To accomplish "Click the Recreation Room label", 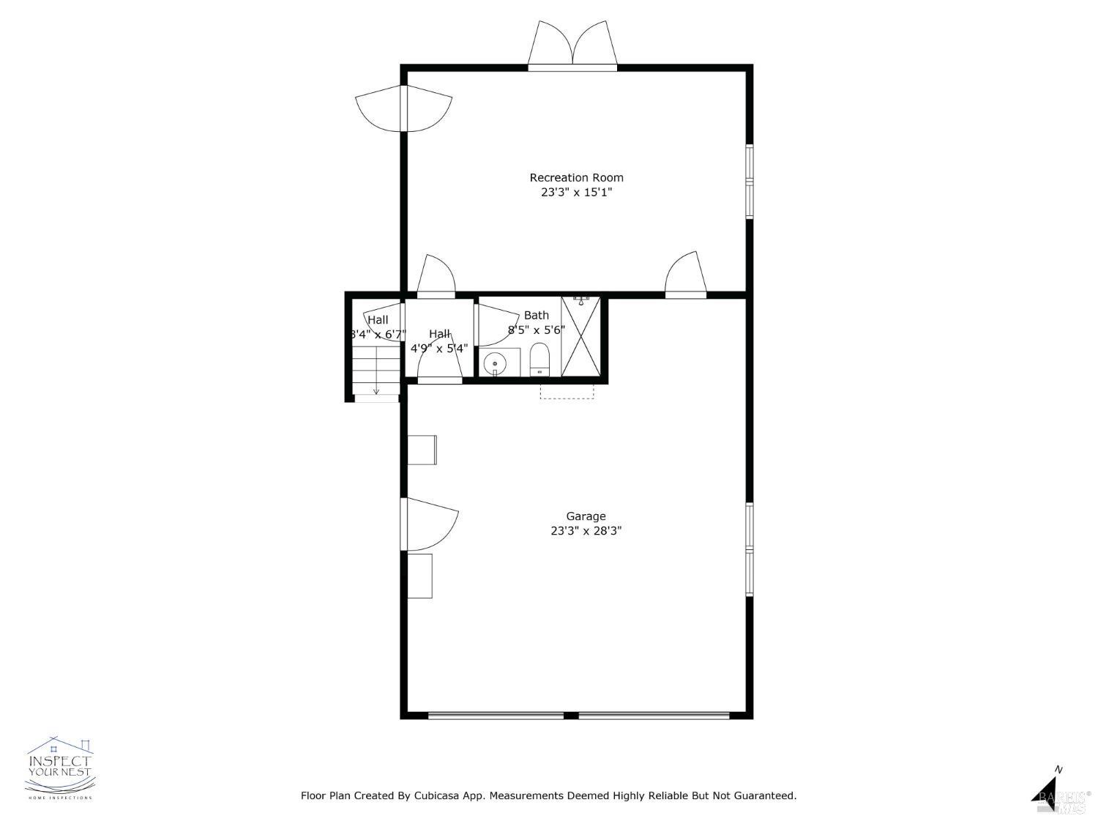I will tap(576, 177).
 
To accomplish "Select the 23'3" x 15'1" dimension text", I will tap(576, 193).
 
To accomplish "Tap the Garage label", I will tap(586, 516).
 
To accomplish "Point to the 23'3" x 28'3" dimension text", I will tap(586, 531).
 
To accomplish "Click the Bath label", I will tap(536, 315).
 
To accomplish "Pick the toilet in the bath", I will tap(539, 359).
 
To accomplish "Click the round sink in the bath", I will tap(496, 362).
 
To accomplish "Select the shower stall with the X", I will tap(580, 337).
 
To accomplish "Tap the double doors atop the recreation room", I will tap(572, 45).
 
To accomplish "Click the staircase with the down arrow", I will tap(376, 372).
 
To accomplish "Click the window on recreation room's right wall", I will tap(749, 181).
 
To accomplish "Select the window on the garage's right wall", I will tap(749, 549).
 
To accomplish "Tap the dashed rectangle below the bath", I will tap(567, 391).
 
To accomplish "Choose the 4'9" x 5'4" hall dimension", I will tap(438, 349).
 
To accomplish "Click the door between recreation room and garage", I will tap(686, 277).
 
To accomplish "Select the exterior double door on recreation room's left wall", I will tap(403, 108).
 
